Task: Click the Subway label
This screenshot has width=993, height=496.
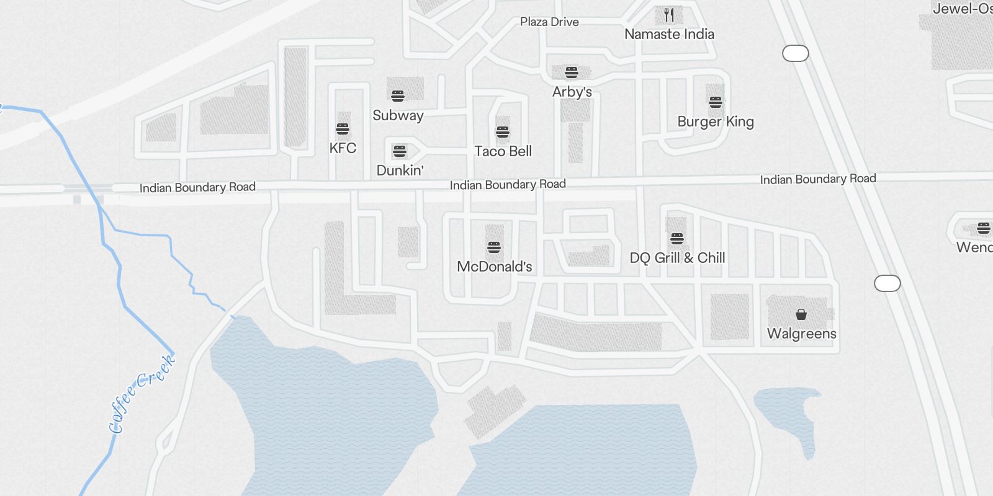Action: pos(398,115)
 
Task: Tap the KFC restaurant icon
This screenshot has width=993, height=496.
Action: pos(343,129)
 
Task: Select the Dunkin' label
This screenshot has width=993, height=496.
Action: pos(400,170)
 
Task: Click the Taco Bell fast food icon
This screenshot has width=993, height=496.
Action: pos(503,132)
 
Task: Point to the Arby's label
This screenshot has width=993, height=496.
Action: pos(572,92)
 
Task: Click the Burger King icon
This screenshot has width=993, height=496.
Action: pos(716,102)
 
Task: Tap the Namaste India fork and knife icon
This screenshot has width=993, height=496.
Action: pos(669,14)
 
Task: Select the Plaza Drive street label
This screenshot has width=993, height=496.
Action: pos(549,22)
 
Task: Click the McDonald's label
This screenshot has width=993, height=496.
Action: pos(494,267)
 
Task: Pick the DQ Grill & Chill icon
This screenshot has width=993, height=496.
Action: pos(677,239)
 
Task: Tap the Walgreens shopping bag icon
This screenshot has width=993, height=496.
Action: pos(801,314)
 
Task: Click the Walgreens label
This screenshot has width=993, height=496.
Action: pos(801,334)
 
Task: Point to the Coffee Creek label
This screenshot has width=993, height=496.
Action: pos(142,394)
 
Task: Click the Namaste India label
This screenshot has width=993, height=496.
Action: pos(669,34)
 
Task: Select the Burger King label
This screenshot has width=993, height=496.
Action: pos(716,122)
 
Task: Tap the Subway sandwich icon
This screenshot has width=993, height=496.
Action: pos(398,95)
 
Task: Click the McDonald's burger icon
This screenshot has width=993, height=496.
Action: pos(494,247)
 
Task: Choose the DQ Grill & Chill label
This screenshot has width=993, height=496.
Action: pos(677,258)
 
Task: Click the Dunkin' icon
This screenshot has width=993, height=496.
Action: pos(400,151)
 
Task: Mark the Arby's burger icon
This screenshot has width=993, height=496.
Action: pos(572,73)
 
